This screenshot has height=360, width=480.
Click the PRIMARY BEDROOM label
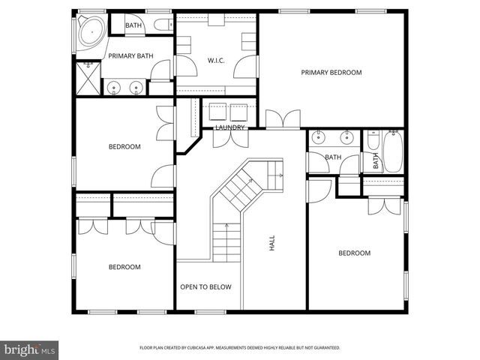[x=331, y=73]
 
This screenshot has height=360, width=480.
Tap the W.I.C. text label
[x=216, y=60]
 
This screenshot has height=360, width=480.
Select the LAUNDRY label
[x=229, y=127]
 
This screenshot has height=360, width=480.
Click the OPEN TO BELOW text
[x=205, y=287]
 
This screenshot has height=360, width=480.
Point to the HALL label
[x=271, y=243]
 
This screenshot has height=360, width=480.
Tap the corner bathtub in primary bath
[x=89, y=31]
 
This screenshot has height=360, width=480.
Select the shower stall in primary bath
[x=87, y=76]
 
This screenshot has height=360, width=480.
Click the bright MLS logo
[x=29, y=349]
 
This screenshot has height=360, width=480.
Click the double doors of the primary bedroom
[x=282, y=118]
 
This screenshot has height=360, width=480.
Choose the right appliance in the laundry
[x=241, y=111]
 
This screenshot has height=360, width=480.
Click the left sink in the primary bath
[x=114, y=88]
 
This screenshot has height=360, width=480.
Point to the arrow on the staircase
[x=278, y=174]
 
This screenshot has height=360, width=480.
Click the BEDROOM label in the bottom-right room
[x=354, y=253]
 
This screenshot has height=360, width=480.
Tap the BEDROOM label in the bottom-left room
[x=124, y=267]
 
